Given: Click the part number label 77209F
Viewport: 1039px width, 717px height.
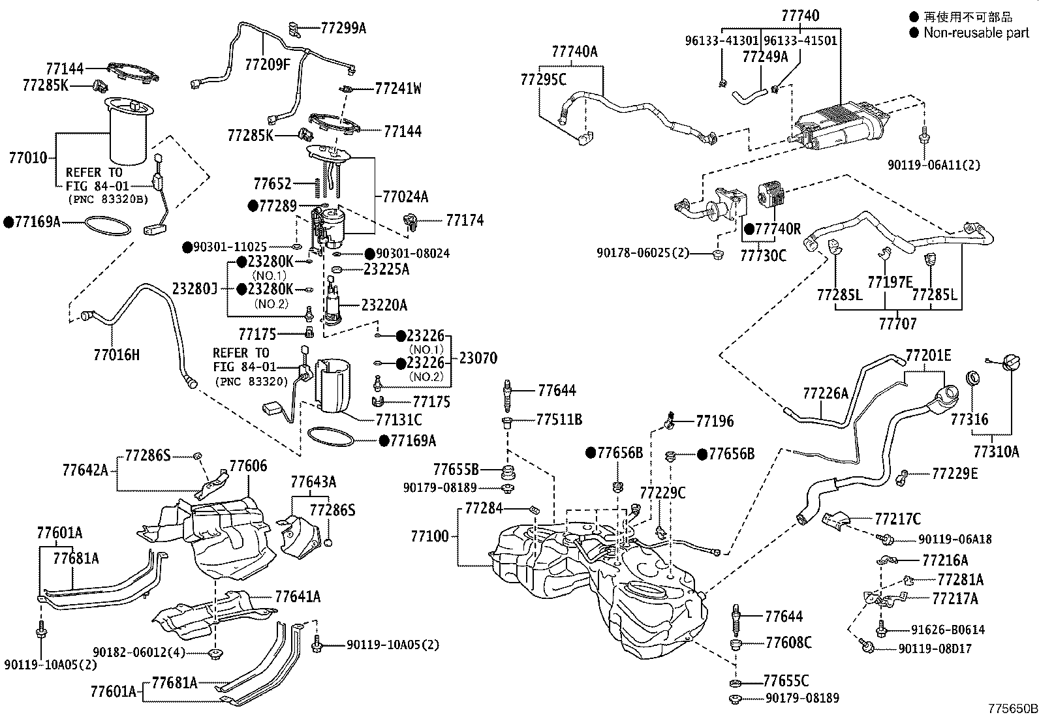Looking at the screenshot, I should (x=268, y=64).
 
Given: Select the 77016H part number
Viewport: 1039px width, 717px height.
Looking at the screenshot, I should (x=116, y=355).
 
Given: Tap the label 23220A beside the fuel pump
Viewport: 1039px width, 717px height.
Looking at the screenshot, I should (x=384, y=305).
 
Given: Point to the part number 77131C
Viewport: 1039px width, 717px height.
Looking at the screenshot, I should (x=399, y=420).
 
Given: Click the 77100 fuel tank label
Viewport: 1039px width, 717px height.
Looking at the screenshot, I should (x=430, y=536).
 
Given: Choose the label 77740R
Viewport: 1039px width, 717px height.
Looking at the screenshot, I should (x=777, y=229).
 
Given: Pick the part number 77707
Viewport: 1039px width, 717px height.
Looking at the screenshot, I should (x=897, y=323).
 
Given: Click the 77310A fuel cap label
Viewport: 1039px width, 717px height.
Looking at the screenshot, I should (x=996, y=451).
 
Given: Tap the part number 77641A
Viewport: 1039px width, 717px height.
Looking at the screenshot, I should (x=298, y=596).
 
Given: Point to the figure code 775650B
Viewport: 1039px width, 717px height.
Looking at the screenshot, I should (x=1012, y=709).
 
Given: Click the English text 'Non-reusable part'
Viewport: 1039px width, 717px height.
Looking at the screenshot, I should (x=976, y=33).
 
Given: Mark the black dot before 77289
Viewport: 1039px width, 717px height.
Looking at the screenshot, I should (x=253, y=206).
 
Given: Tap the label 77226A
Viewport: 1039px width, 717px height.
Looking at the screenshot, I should (x=826, y=393).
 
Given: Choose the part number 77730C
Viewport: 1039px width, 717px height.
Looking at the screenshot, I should (x=763, y=255).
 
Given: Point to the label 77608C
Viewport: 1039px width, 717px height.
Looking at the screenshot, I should (x=788, y=643).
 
